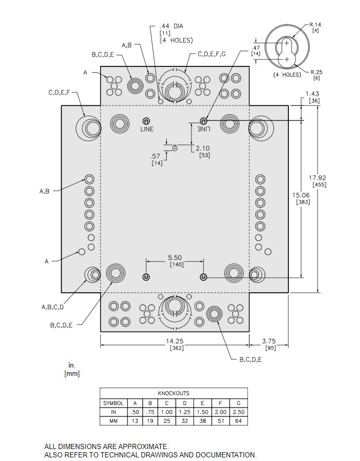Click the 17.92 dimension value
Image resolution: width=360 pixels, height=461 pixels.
click(320, 178)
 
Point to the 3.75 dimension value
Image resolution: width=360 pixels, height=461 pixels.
click(269, 341)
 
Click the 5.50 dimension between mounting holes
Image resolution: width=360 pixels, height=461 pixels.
click(174, 257)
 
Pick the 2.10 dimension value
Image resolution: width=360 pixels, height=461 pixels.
click(203, 148)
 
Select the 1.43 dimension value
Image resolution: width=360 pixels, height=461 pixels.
click(313, 93)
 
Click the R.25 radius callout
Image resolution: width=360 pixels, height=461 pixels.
click(316, 72)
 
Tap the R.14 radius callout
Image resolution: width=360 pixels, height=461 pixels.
click(315, 24)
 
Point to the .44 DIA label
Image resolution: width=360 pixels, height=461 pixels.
click(171, 25)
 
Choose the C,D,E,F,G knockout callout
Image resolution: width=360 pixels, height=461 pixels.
click(218, 54)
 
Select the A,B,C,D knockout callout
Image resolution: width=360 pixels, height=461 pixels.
click(52, 307)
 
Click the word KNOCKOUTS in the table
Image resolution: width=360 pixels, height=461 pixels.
click(173, 394)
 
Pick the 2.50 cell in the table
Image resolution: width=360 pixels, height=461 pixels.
click(239, 412)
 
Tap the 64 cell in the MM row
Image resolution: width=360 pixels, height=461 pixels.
click(239, 421)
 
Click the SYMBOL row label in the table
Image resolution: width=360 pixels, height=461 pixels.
click(113, 403)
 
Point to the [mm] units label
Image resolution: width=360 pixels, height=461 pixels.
click(72, 373)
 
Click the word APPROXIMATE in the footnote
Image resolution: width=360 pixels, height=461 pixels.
click(142, 446)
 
